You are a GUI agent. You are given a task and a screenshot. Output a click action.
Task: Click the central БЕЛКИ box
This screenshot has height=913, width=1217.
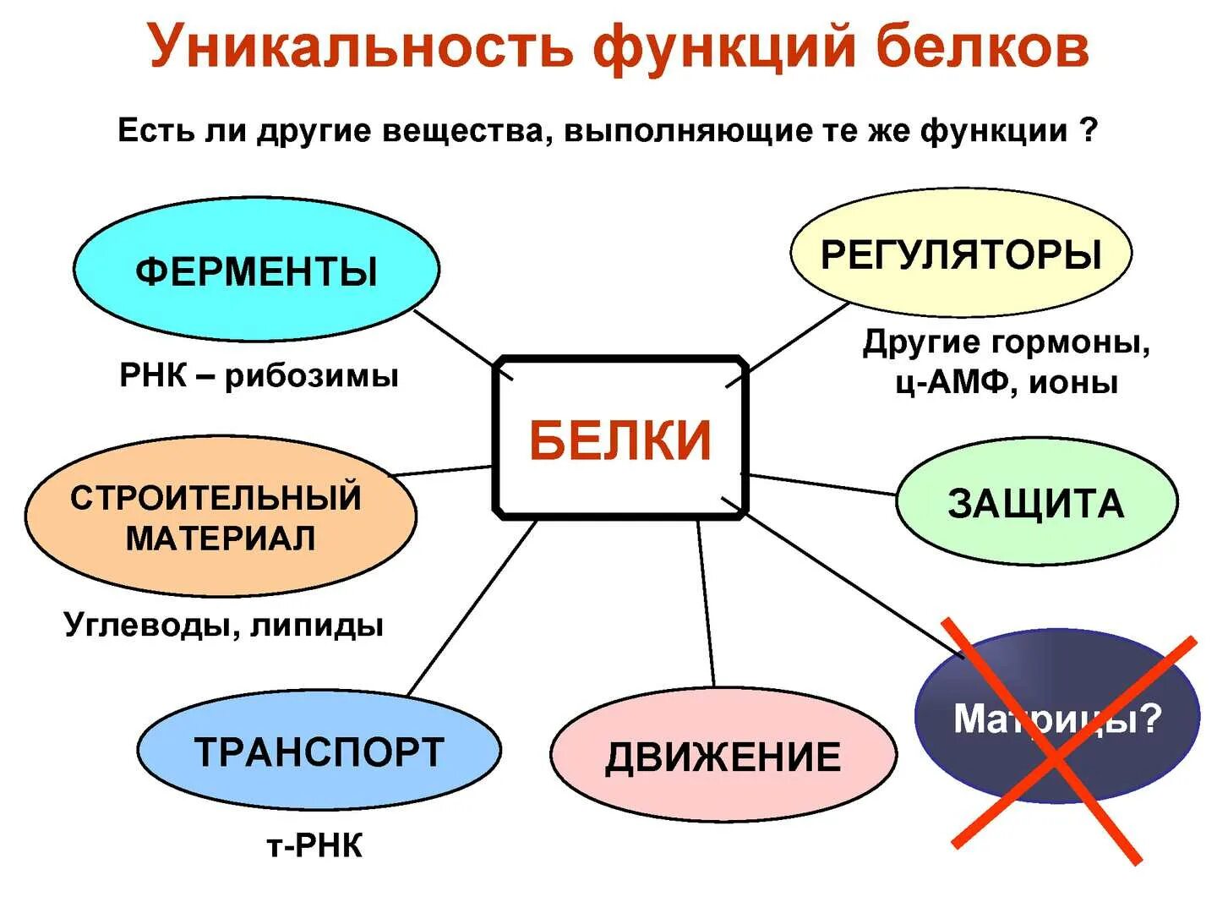click(620, 438)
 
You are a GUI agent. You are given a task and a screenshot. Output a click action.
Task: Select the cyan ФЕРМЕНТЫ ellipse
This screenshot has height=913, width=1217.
click(256, 271)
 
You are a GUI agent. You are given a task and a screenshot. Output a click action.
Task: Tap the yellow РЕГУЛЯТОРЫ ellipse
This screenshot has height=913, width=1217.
click(961, 254)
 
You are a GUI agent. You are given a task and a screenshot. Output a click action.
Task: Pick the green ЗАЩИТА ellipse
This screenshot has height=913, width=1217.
click(1035, 503)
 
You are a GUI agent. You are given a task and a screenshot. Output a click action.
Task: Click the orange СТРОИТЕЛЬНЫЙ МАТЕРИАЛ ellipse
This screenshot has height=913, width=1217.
click(220, 517)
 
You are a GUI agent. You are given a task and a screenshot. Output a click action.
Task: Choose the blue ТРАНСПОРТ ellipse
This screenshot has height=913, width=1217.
click(319, 752)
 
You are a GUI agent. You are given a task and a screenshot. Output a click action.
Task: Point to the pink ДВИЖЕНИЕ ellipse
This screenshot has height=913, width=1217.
click(723, 756)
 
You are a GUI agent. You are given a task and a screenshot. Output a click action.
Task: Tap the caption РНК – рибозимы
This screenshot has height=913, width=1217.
click(259, 375)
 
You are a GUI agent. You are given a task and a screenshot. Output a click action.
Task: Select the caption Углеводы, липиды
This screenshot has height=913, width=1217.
click(224, 625)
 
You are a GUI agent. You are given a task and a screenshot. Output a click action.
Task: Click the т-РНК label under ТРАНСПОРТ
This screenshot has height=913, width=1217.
click(314, 845)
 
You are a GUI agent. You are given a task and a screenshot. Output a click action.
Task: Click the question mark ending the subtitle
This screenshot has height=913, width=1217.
click(1089, 131)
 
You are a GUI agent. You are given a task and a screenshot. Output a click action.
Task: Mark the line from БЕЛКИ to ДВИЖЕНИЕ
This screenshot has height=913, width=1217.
click(706, 603)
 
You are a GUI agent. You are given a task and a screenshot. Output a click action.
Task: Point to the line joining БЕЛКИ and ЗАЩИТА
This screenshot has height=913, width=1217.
click(821, 485)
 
